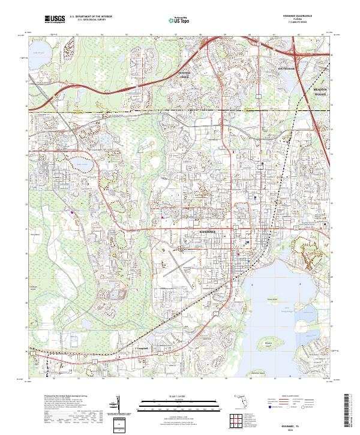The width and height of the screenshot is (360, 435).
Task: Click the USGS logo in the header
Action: pyautogui.click(x=55, y=19)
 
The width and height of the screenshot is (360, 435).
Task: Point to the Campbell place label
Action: pyautogui.click(x=142, y=349)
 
